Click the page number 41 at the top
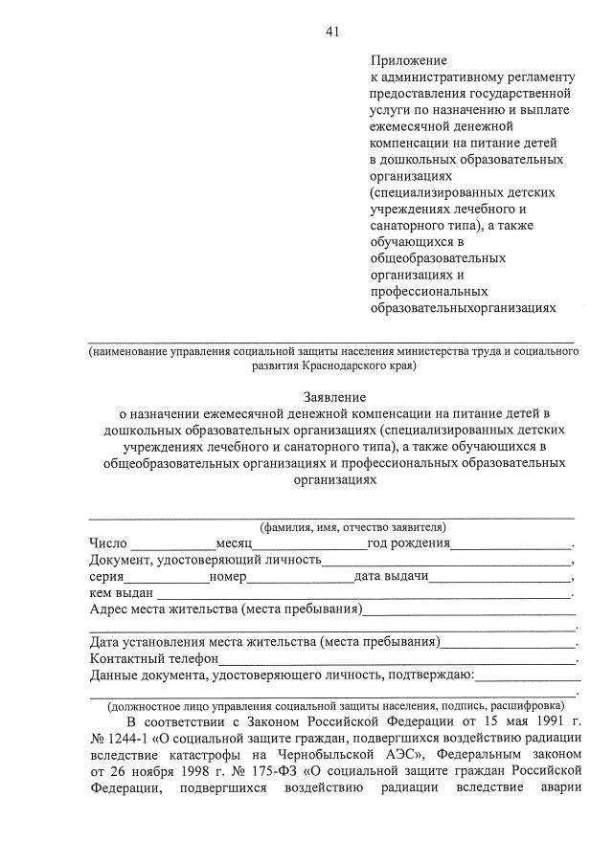click(331, 32)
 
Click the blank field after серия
click(167, 577)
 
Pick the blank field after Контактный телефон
click(397, 659)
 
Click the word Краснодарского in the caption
click(345, 365)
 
